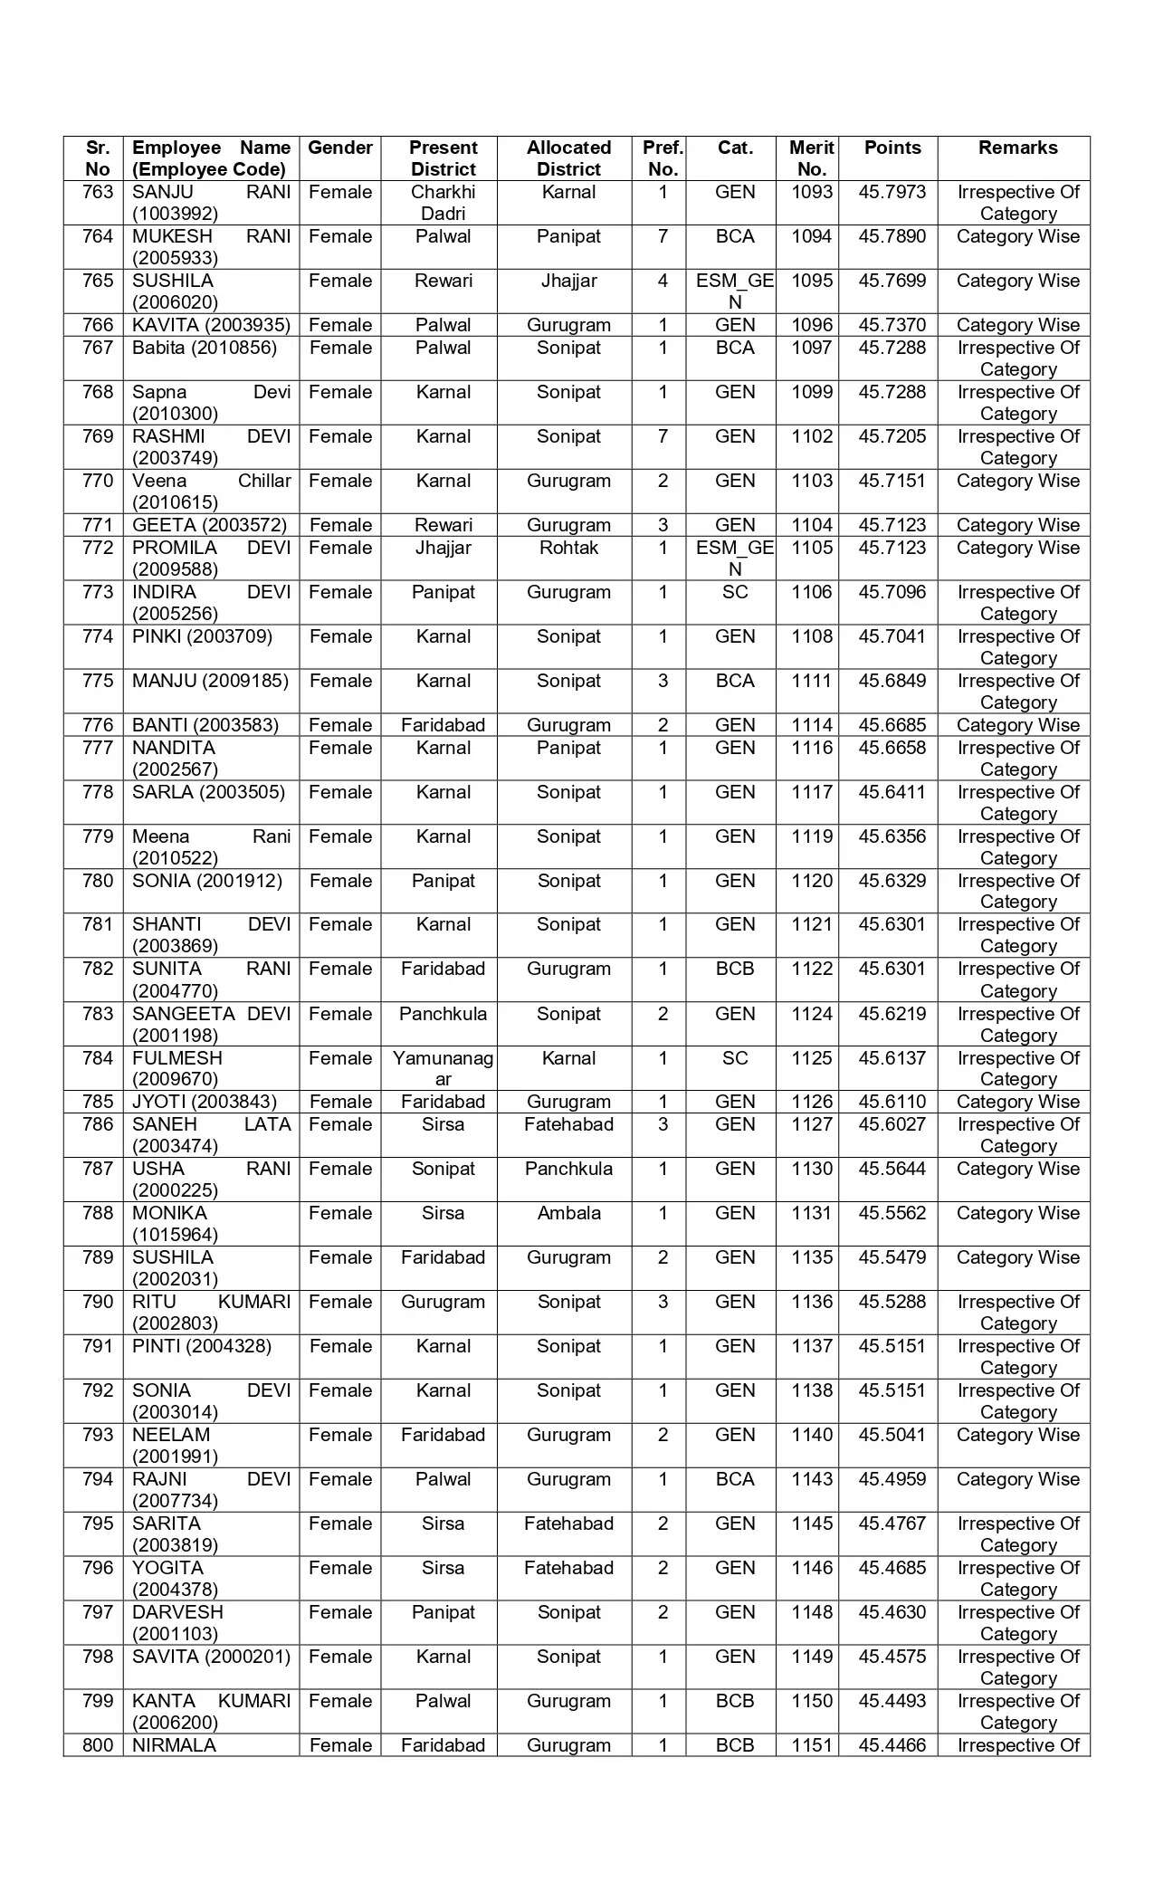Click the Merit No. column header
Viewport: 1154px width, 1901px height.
811,158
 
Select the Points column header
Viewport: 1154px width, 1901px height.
892,148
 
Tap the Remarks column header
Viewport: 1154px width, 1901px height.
1017,148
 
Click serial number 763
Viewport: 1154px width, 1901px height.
98,192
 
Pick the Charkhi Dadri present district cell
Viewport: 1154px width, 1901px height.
443,203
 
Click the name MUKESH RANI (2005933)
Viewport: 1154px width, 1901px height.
211,247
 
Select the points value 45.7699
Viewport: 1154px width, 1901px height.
892,281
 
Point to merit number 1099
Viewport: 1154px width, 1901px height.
811,392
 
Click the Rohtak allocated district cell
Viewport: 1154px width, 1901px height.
568,548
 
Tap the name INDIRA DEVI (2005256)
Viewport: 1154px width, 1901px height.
211,603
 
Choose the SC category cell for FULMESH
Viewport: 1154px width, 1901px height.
734,1058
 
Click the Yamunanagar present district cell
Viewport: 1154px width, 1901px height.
443,1068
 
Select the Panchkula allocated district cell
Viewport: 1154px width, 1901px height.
568,1169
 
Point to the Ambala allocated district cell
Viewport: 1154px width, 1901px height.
568,1213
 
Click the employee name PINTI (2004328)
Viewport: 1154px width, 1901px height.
202,1346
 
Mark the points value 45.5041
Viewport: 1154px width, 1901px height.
892,1435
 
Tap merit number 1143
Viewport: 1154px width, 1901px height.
811,1479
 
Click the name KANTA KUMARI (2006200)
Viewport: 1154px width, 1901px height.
211,1712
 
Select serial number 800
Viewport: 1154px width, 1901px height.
98,1745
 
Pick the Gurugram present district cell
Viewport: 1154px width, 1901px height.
443,1302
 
